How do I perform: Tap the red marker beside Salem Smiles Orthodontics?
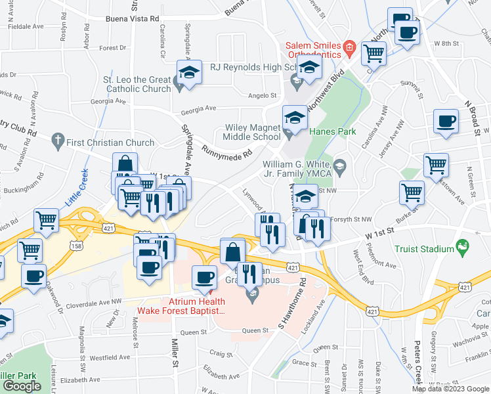click(x=350, y=47)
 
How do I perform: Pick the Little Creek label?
click(x=77, y=186)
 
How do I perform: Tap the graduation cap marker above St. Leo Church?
click(x=189, y=72)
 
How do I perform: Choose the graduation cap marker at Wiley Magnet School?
click(x=295, y=118)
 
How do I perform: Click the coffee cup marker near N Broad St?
click(x=446, y=122)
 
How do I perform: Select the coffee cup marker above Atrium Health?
click(x=204, y=278)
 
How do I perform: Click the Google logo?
click(x=23, y=386)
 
